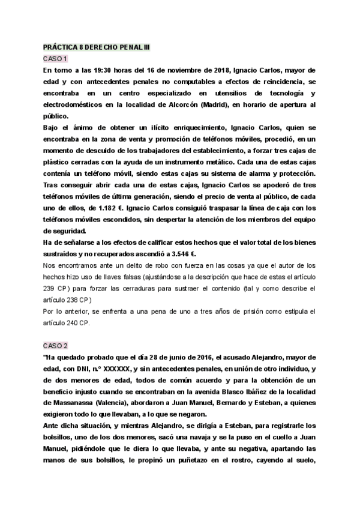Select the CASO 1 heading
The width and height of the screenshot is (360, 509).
tap(55, 58)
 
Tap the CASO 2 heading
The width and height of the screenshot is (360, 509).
tap(55, 346)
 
